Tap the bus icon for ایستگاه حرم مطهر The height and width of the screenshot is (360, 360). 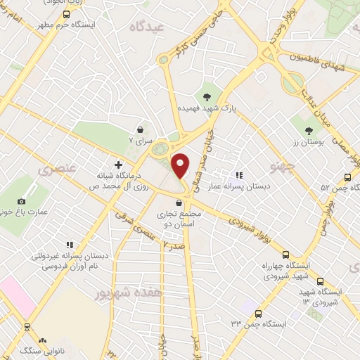click(65, 13)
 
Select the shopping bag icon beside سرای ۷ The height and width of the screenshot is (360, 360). click(141, 130)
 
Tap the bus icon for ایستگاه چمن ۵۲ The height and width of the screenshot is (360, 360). click(347, 177)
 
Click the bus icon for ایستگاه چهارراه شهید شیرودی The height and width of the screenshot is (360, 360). click(285, 255)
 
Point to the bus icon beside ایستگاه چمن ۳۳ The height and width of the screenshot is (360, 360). click(259, 314)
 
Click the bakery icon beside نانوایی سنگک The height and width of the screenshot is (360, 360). click(42, 340)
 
